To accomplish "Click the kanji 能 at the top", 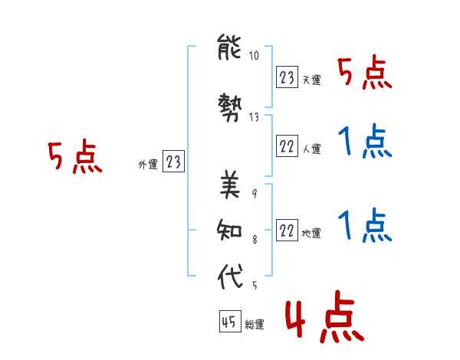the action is [x=229, y=47].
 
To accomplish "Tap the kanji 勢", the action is [x=230, y=107].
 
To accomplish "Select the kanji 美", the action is [x=230, y=185].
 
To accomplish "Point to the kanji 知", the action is [x=229, y=230].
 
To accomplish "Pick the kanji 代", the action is [x=230, y=276].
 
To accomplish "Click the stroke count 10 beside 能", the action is [x=254, y=55].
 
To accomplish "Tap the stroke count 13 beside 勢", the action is [x=254, y=117].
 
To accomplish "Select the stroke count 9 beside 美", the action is [x=255, y=194].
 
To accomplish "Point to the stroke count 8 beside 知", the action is [x=255, y=240].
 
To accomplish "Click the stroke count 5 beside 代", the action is [x=255, y=285].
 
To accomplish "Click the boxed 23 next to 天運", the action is [x=287, y=77].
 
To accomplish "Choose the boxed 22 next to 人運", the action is [x=287, y=146].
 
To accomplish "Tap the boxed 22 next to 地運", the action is [x=287, y=230].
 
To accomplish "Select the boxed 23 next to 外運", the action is [x=173, y=162].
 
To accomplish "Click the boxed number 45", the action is [x=230, y=321].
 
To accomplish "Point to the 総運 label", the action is [x=255, y=325].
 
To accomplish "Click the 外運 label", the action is [x=148, y=165].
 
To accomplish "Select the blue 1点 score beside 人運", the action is [x=365, y=141].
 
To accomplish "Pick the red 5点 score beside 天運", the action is [x=365, y=73].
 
